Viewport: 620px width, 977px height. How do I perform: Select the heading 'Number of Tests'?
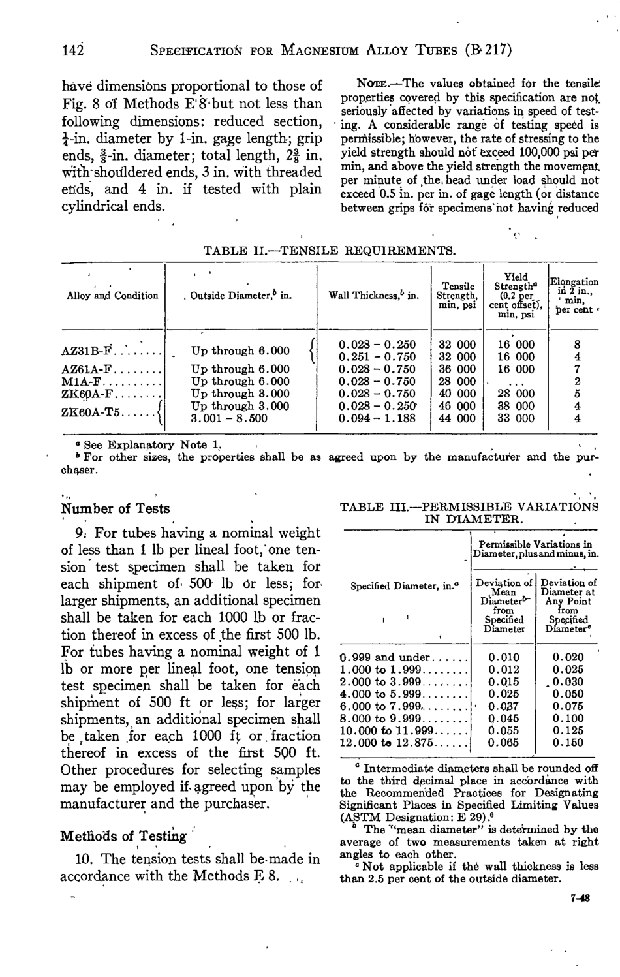coord(116,509)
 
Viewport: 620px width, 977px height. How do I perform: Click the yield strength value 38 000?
coord(516,406)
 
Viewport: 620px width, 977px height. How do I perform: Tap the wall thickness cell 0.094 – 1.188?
coord(377,418)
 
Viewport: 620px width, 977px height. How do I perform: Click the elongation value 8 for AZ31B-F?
coord(576,345)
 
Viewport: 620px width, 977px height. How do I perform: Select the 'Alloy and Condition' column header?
coord(112,296)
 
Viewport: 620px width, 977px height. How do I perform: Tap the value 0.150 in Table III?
coord(567,743)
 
